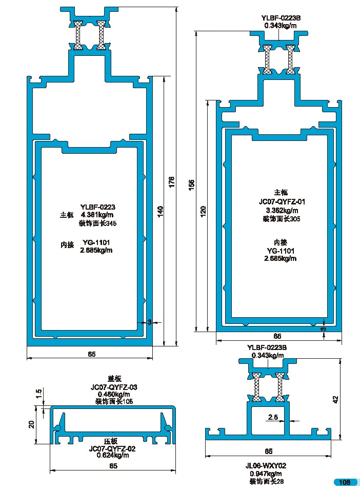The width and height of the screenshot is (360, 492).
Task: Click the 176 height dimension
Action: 172,182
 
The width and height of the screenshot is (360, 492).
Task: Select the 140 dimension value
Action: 160,210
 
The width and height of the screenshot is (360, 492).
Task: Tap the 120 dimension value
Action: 203,210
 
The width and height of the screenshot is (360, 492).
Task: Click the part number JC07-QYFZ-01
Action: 282,201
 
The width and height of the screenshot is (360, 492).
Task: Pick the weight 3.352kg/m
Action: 282,210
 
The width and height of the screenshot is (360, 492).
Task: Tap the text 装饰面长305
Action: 282,219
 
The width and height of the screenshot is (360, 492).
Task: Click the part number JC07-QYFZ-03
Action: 114,387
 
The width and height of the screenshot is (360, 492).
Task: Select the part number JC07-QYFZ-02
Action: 112,448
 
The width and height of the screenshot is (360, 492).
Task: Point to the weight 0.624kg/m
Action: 112,455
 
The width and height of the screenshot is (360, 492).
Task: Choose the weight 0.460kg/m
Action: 114,395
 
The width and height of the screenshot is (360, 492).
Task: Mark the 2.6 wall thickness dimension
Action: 273,418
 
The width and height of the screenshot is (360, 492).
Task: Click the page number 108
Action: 344,482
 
